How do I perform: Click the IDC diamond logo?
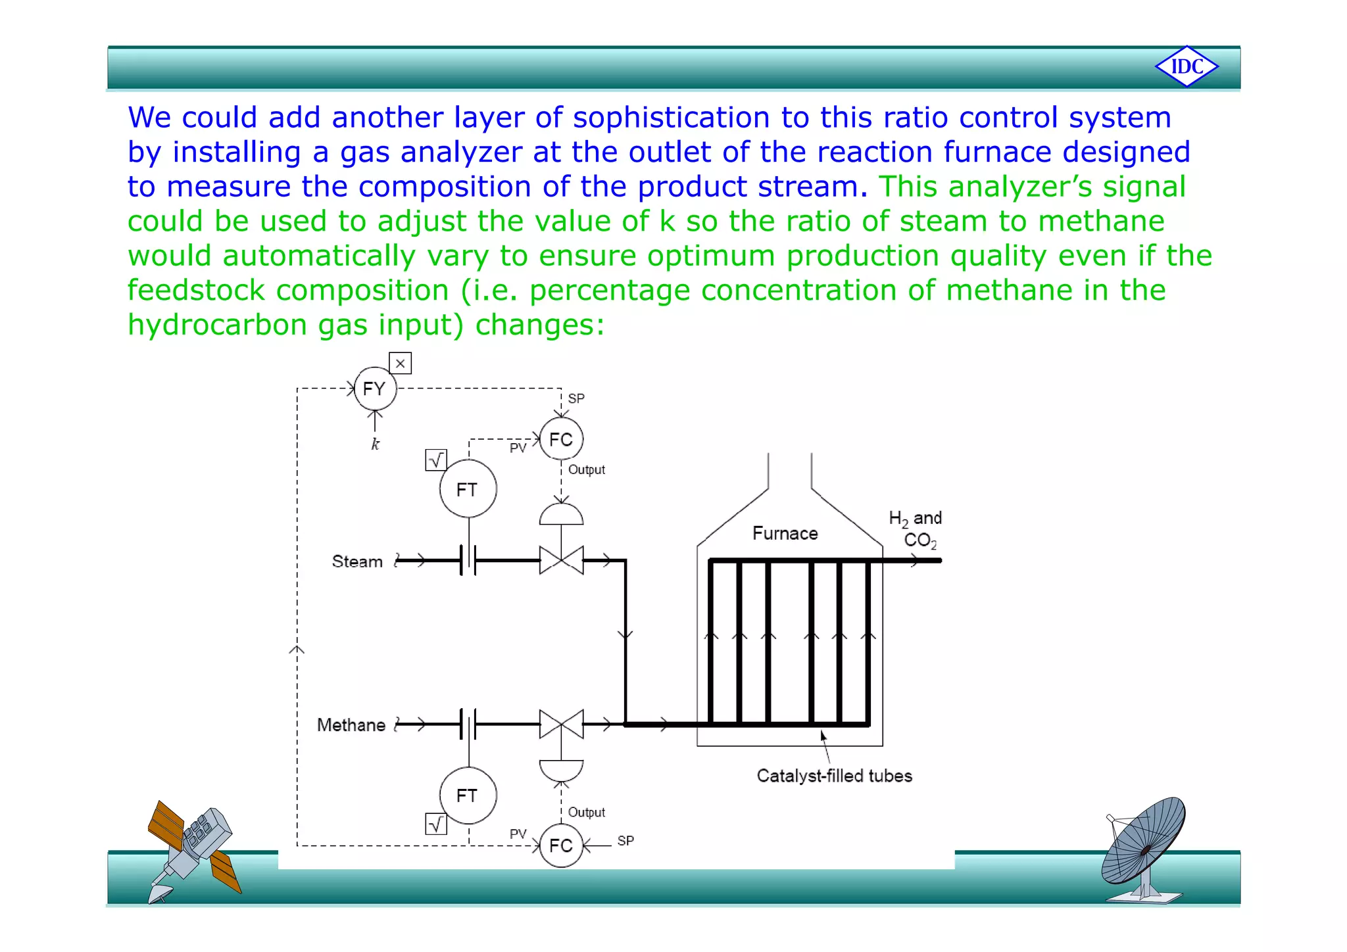tap(1187, 66)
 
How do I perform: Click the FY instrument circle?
tap(375, 389)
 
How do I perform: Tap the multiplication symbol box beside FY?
tap(400, 364)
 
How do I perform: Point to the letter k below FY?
tap(375, 444)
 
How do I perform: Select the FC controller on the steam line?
tap(561, 439)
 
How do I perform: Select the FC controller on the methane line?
tap(561, 845)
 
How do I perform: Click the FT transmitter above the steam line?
tap(468, 489)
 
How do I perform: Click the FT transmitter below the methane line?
tap(468, 796)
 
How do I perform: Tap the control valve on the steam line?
tap(561, 560)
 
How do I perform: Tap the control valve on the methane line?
tap(561, 725)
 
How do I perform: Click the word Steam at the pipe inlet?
tap(357, 561)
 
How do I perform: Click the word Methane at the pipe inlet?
tap(351, 725)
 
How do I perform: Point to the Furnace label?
tap(785, 533)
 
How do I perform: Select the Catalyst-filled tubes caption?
tap(834, 776)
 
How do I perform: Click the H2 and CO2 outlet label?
tap(916, 529)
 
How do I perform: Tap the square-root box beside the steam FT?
tap(436, 460)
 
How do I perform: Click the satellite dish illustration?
tap(1144, 848)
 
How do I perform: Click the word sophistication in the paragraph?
tap(671, 118)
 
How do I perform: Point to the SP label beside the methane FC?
tap(625, 841)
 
